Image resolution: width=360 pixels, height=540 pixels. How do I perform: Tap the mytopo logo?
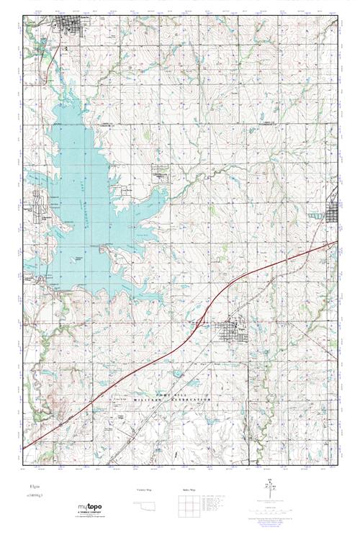(94, 508)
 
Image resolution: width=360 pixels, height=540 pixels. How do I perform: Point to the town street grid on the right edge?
(333, 212)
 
